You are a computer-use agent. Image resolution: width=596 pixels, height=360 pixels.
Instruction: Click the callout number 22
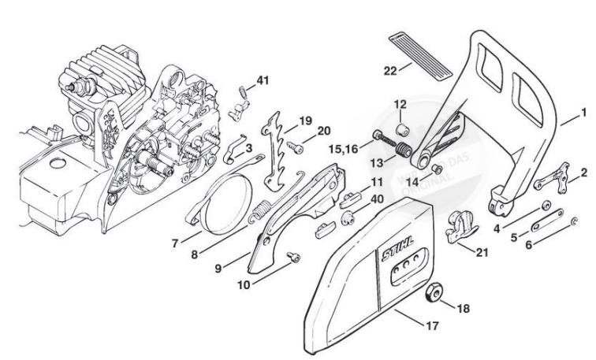[390, 70]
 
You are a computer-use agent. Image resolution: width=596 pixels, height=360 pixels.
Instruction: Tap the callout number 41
[263, 80]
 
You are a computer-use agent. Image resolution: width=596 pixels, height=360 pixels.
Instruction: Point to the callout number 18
[463, 309]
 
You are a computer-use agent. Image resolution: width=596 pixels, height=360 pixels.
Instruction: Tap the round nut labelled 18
[432, 295]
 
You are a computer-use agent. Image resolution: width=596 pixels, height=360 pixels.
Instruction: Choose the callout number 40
[378, 200]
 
